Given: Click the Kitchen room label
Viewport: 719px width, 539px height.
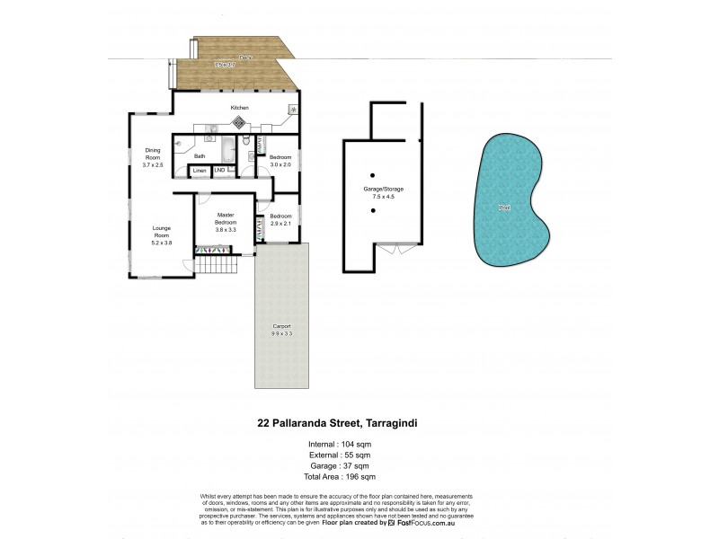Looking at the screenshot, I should click(x=239, y=108).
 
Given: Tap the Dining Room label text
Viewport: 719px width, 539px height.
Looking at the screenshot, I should click(x=153, y=158).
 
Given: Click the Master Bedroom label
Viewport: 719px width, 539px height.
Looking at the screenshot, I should click(x=225, y=222).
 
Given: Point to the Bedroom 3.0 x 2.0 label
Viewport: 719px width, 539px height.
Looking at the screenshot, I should click(x=280, y=160).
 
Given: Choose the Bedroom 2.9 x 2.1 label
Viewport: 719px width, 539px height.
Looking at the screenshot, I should click(x=280, y=219).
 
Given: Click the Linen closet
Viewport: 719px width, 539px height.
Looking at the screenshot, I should click(x=200, y=170).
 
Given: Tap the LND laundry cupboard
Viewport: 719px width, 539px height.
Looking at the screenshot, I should click(x=219, y=170).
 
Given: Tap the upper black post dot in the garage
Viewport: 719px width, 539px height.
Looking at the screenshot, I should click(x=371, y=174).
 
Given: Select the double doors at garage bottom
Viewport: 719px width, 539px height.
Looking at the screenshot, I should click(x=388, y=248).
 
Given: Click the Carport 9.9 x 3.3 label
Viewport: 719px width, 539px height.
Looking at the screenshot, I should click(x=281, y=330).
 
